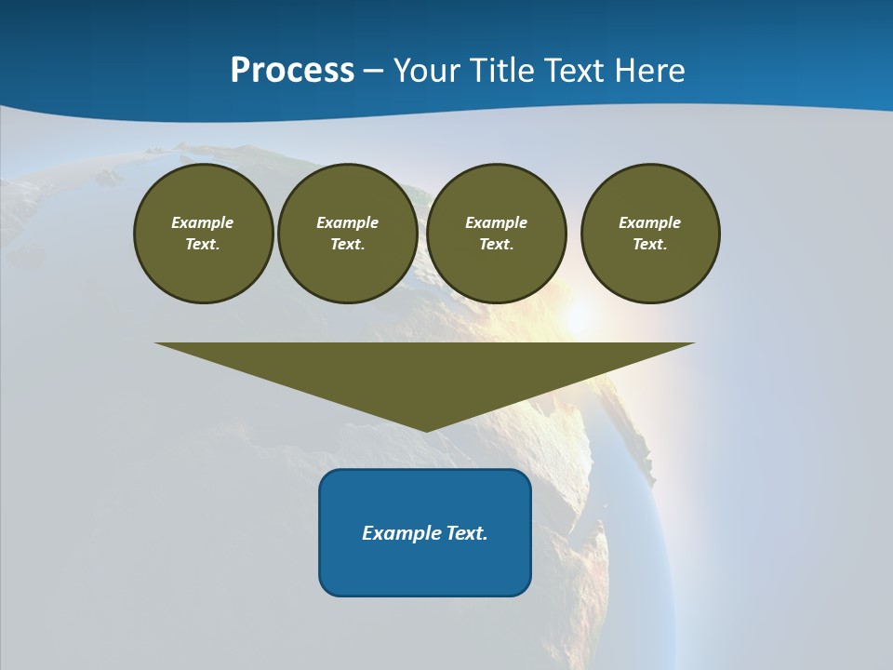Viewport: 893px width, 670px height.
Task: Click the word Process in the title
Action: (292, 71)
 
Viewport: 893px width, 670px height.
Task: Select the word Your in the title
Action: (424, 71)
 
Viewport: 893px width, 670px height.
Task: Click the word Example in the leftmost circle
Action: (202, 222)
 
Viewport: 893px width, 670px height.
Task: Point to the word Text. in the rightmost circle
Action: (649, 244)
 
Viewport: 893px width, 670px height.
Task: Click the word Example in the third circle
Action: (496, 222)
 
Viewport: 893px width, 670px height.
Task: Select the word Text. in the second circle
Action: (347, 244)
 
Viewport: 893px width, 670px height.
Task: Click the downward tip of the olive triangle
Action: (425, 427)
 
